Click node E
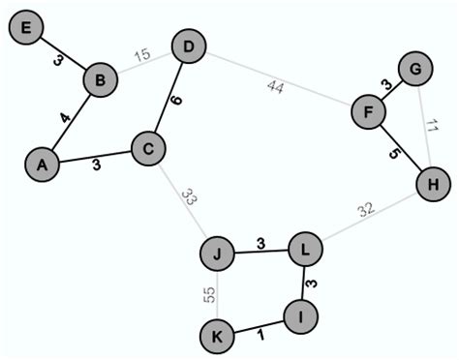click(26, 29)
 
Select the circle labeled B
click(99, 79)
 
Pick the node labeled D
click(188, 46)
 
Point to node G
click(415, 69)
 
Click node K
click(217, 337)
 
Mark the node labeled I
click(301, 315)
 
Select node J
click(218, 255)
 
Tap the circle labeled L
click(306, 250)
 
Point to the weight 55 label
click(208, 295)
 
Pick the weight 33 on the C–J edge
click(190, 200)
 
